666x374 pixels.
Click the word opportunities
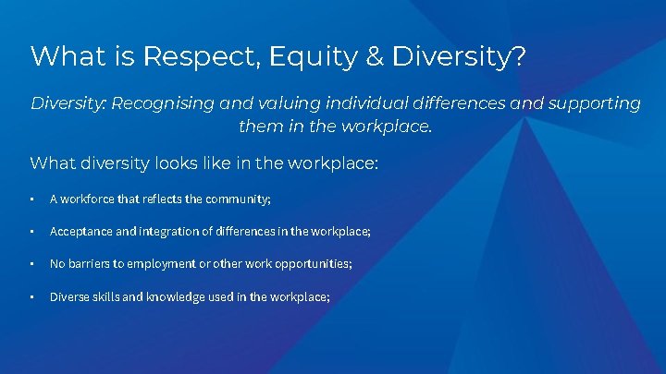[x=309, y=264]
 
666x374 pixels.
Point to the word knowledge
[x=179, y=296]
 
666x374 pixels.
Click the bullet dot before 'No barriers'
[x=32, y=264]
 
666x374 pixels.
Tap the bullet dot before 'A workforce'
[x=32, y=199]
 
